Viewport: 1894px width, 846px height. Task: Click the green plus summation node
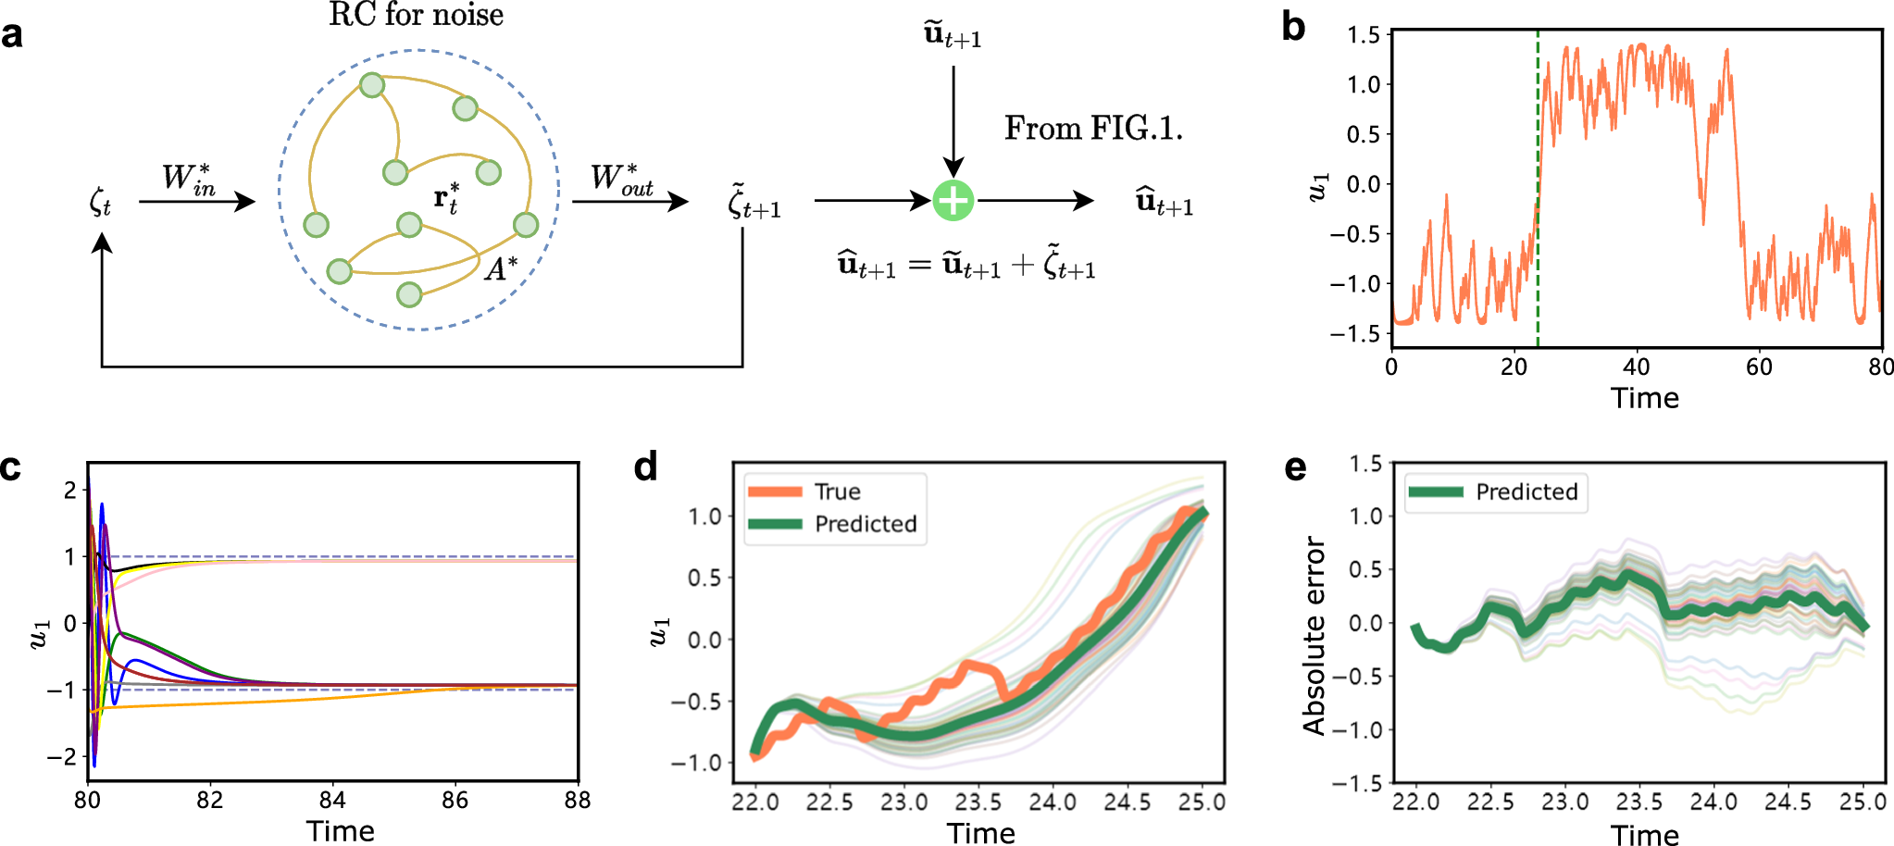[x=953, y=201]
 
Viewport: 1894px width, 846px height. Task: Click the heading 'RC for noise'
[x=416, y=15]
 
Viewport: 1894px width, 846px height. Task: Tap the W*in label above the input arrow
[x=189, y=178]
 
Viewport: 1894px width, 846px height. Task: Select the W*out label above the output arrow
[x=621, y=178]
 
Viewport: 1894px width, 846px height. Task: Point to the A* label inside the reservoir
[x=501, y=268]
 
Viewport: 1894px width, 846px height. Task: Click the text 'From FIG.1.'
[x=1093, y=128]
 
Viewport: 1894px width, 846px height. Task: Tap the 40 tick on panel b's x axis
[x=1636, y=367]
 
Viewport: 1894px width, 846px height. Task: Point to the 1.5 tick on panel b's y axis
[x=1363, y=35]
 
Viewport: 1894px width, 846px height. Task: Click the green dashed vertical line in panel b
[x=1538, y=185]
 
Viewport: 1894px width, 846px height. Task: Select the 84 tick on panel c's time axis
[x=332, y=801]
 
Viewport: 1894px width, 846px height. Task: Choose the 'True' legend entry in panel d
[x=836, y=491]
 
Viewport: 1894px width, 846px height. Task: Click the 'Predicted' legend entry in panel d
[x=865, y=524]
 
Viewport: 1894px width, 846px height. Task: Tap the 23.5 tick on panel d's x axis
[x=978, y=802]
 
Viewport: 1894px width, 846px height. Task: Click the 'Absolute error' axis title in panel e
[x=1314, y=636]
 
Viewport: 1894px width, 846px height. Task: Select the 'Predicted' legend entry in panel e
[x=1526, y=492]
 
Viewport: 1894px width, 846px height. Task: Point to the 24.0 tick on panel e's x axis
[x=1713, y=802]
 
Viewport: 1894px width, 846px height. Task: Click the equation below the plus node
[x=966, y=266]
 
